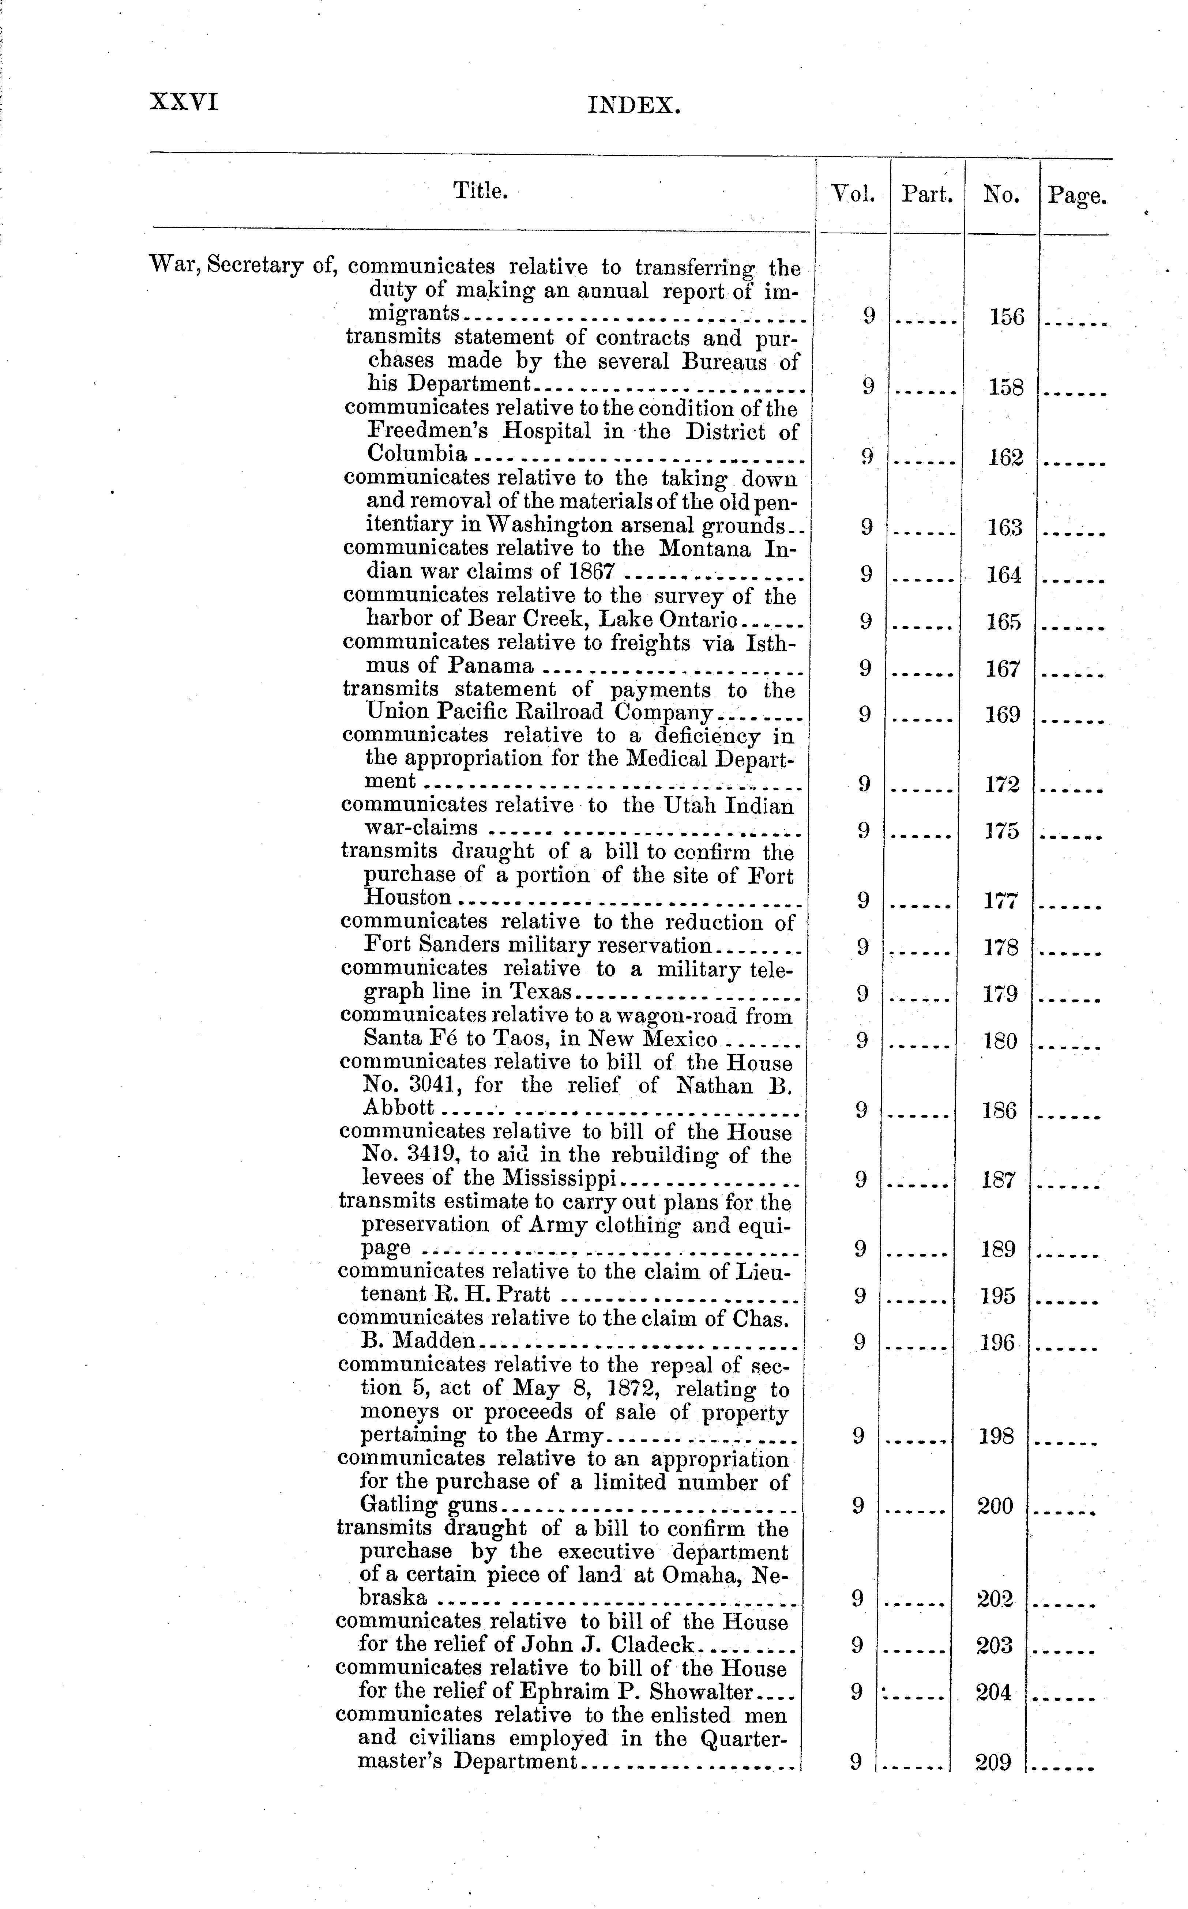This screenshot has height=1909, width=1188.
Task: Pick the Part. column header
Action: [927, 194]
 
